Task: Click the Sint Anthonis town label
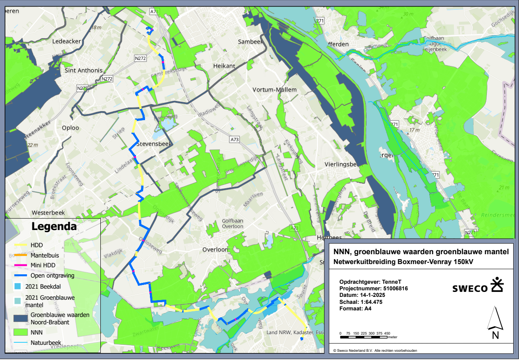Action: (x=84, y=70)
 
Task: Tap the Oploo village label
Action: (x=70, y=128)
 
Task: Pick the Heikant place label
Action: (x=224, y=66)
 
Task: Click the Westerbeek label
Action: (x=48, y=213)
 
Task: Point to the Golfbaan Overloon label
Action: (x=232, y=223)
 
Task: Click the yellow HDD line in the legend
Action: (x=19, y=245)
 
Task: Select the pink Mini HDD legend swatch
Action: (x=19, y=265)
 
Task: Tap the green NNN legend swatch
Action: (x=19, y=331)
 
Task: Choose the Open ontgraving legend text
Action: (x=52, y=276)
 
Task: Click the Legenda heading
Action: (x=54, y=226)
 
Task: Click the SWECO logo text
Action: (x=470, y=288)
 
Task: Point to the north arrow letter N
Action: (x=495, y=335)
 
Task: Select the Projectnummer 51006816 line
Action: (x=374, y=288)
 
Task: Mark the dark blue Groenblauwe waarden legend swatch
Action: (x=19, y=318)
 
